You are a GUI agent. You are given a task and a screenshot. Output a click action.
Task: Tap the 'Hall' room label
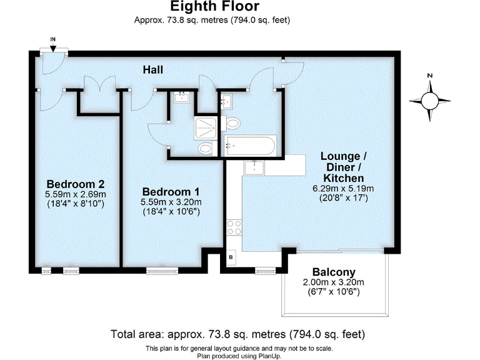153,69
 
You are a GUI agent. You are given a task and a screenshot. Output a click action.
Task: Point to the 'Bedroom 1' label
171,191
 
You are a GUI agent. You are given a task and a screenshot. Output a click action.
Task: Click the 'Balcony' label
334,272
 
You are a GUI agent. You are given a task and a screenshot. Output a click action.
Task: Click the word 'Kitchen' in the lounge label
344,178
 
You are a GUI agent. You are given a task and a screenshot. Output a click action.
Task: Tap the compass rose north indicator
429,100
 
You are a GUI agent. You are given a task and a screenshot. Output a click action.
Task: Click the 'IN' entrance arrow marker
53,44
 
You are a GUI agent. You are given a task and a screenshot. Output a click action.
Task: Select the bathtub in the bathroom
250,146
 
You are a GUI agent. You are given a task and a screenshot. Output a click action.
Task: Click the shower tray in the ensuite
206,126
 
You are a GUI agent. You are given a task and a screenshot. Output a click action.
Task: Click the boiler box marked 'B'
230,257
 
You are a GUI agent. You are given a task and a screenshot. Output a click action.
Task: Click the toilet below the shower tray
205,149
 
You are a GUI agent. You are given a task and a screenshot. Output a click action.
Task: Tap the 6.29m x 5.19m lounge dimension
343,189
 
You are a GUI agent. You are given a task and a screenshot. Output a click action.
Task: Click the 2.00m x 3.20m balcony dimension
334,282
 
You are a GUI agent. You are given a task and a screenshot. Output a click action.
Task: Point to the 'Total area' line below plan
237,334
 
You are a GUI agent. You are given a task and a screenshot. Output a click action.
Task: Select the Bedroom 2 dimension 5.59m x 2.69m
75,194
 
